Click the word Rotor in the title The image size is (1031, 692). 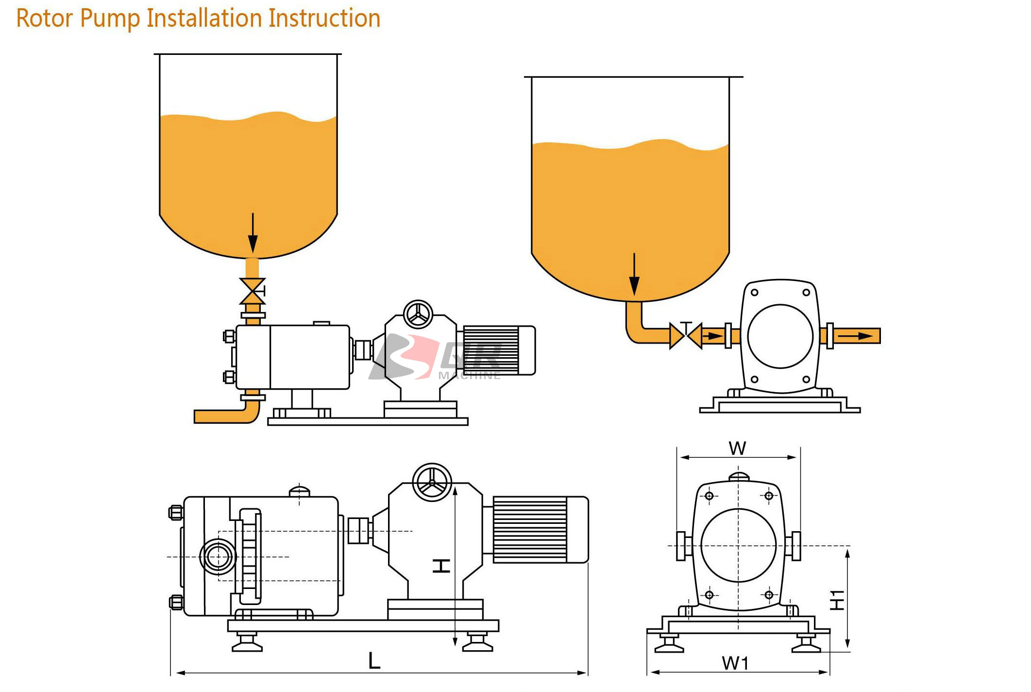pyautogui.click(x=45, y=18)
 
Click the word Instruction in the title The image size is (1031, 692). pyautogui.click(x=324, y=18)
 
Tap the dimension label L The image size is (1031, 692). pyautogui.click(x=374, y=660)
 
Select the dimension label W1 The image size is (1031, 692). pyautogui.click(x=735, y=663)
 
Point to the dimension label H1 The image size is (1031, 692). pyautogui.click(x=837, y=600)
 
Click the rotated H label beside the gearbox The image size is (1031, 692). pyautogui.click(x=441, y=566)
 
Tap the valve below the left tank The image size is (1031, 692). pyautogui.click(x=253, y=291)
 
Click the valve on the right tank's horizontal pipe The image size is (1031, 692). pyautogui.click(x=686, y=335)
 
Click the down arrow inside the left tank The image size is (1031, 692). pyautogui.click(x=253, y=233)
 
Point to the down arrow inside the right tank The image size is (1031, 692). pyautogui.click(x=634, y=275)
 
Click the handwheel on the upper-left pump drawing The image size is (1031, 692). pyautogui.click(x=418, y=314)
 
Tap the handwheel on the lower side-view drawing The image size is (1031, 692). pyautogui.click(x=432, y=482)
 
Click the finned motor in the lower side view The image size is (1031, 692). pyautogui.click(x=539, y=530)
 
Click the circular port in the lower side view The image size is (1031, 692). pyautogui.click(x=218, y=556)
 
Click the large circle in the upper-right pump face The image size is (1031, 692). pyautogui.click(x=780, y=336)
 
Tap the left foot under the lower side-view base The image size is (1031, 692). pyautogui.click(x=247, y=643)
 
